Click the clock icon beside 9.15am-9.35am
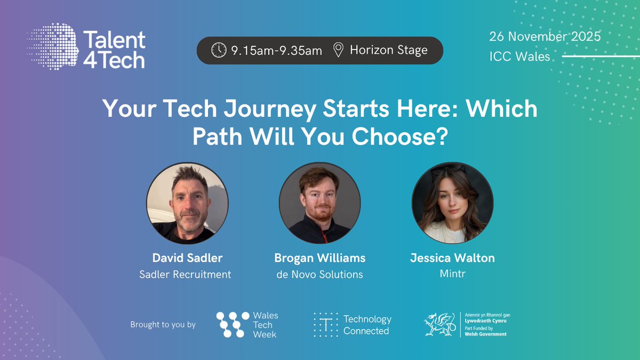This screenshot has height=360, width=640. point(219,50)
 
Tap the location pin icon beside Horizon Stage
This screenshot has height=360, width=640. point(338,50)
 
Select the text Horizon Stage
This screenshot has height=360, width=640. point(388,50)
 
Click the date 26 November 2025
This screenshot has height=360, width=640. point(545,37)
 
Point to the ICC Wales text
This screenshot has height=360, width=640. point(519,56)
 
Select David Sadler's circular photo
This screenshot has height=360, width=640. point(187,203)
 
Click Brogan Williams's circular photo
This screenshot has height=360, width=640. point(320,203)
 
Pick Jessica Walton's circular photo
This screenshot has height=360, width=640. point(452,203)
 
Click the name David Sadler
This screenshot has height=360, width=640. point(187,258)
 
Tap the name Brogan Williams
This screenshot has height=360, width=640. point(320,258)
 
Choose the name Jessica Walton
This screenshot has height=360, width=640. point(452,258)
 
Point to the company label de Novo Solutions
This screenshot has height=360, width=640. point(320,275)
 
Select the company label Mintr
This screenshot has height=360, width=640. point(452,275)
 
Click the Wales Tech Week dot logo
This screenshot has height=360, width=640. point(233,324)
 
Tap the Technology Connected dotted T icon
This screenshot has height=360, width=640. point(325,324)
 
